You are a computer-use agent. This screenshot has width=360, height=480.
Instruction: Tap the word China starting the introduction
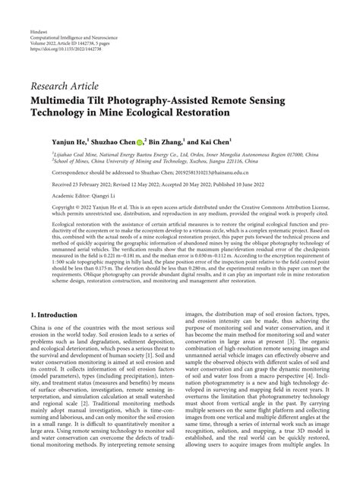point(39,327)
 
